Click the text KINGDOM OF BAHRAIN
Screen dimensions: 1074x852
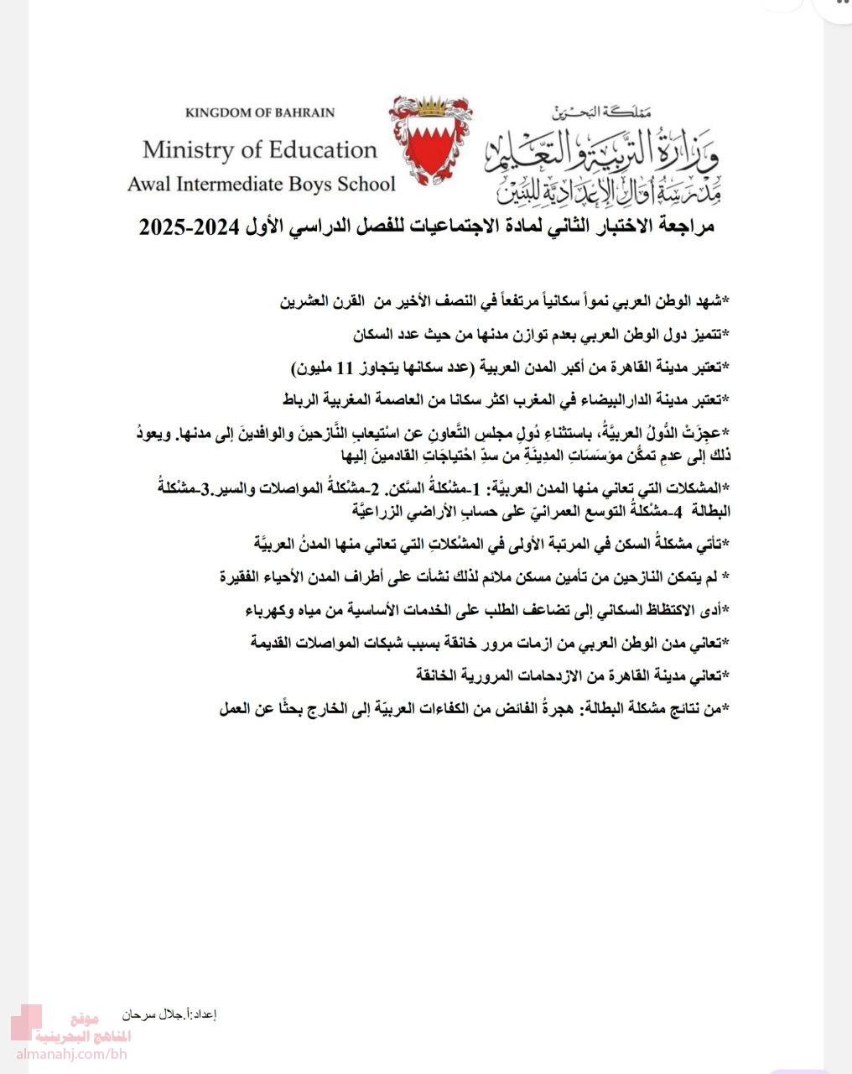260,112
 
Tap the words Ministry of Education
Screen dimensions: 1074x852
260,150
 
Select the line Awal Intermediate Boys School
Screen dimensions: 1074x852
261,184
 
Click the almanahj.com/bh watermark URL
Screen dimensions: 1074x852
70,1054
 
